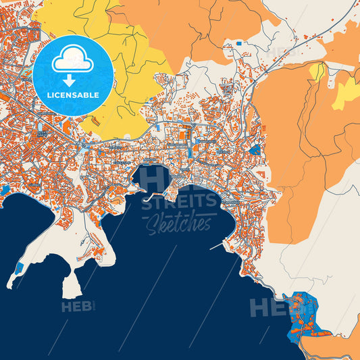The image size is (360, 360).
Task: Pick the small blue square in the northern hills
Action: point(238,43)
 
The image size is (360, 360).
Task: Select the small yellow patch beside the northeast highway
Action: point(316,71)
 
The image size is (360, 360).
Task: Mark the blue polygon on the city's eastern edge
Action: point(255,149)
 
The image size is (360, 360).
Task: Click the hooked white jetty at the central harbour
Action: point(150,198)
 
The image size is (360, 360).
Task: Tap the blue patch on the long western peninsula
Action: point(18,269)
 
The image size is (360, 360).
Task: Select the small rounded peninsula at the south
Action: point(71,287)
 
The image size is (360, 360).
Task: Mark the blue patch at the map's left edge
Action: point(4,190)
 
